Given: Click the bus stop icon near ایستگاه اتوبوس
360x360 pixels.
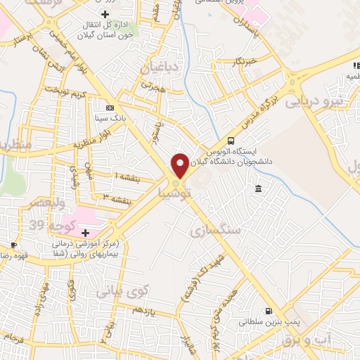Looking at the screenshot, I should tap(231, 140).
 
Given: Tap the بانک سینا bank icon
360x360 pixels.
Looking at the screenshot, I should tap(109, 108).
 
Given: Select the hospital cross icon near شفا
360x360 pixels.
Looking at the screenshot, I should tap(86, 232).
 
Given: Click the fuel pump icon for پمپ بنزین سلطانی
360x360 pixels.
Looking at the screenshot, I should tap(267, 311).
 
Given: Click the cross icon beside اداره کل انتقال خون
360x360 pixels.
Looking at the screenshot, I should tap(105, 14).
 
